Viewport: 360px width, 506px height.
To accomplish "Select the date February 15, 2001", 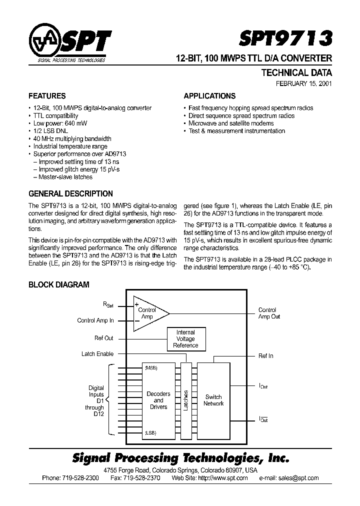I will coord(304,84).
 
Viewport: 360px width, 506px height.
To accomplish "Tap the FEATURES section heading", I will coord(47,96).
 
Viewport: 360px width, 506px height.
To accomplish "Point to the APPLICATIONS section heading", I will coord(209,96).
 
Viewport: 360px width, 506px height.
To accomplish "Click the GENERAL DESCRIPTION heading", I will coord(70,194).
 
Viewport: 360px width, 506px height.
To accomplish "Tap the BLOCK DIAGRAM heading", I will coord(58,285).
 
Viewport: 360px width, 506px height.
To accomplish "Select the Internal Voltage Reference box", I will coord(185,339).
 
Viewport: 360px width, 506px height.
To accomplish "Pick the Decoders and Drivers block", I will coord(158,400).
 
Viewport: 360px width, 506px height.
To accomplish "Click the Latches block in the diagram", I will coord(186,400).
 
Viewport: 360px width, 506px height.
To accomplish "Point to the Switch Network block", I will coord(213,400).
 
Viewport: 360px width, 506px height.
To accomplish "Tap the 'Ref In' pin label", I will coord(265,356).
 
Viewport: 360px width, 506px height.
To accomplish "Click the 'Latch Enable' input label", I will coord(97,354).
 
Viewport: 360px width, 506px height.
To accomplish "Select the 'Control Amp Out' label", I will coord(269,313).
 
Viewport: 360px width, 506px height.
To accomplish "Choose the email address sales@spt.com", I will coord(296,478).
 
